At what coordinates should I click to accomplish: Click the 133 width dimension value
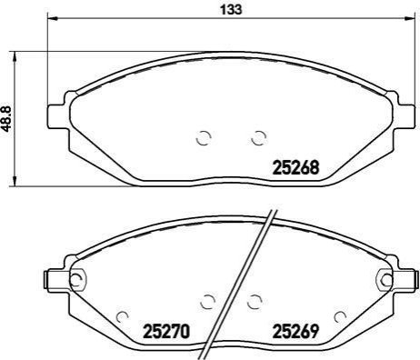pyautogui.click(x=231, y=10)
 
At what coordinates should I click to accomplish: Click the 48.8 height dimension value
pyautogui.click(x=6, y=119)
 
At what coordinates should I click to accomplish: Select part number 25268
pyautogui.click(x=296, y=167)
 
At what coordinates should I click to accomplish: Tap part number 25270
pyautogui.click(x=166, y=331)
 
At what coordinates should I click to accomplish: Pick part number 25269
pyautogui.click(x=296, y=331)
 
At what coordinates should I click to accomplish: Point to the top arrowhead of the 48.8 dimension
pyautogui.click(x=15, y=56)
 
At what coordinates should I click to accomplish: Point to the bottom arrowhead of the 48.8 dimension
pyautogui.click(x=15, y=181)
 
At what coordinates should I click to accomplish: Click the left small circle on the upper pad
pyautogui.click(x=204, y=138)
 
